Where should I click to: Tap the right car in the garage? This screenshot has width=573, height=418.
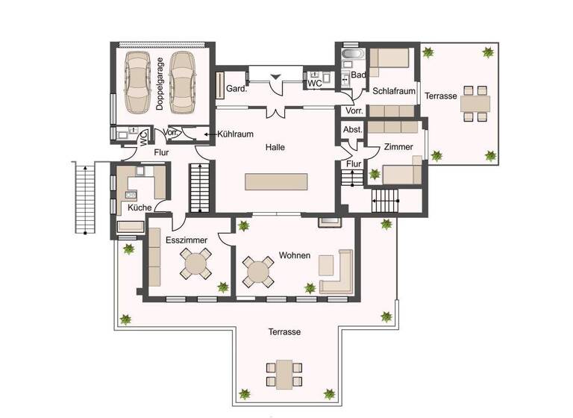click(184, 80)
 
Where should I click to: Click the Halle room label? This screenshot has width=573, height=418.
click(275, 147)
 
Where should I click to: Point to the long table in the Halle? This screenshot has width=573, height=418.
click(275, 181)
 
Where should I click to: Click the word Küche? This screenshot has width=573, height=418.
click(140, 208)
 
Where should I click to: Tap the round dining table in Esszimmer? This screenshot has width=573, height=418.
click(196, 263)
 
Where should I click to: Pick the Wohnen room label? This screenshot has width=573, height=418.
click(294, 255)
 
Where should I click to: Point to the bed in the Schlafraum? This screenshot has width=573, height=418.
click(389, 60)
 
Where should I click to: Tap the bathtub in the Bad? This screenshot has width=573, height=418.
click(350, 54)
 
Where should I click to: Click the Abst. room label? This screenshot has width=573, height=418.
click(352, 130)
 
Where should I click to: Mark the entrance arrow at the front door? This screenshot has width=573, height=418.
click(275, 75)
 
